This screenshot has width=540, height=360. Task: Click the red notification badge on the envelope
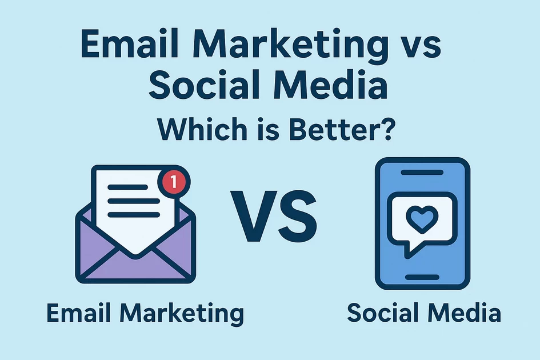click(174, 182)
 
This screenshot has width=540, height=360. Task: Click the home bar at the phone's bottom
click(422, 277)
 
